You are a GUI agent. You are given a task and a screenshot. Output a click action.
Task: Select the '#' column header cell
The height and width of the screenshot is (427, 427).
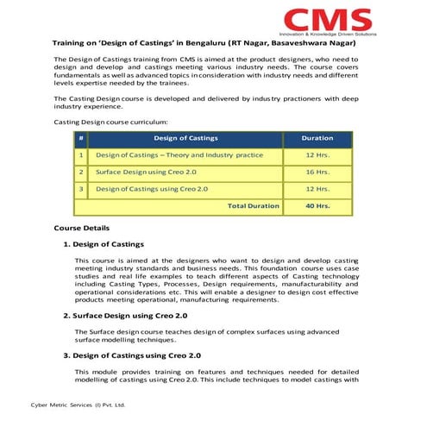click(80, 138)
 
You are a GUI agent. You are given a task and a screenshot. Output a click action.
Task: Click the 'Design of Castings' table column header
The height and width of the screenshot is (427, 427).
click(185, 138)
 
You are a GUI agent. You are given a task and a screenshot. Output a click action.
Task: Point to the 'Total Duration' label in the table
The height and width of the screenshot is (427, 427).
click(253, 206)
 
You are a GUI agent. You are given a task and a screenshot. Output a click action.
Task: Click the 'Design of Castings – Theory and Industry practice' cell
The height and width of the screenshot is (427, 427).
click(179, 155)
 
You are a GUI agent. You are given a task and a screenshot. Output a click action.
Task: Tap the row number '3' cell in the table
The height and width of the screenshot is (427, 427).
click(80, 189)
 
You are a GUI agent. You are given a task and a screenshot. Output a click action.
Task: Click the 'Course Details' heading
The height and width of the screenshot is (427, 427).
click(82, 228)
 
